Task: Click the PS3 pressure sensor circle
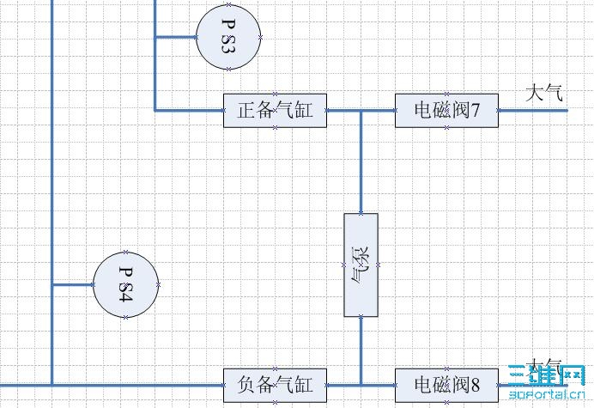228,36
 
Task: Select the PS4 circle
125,284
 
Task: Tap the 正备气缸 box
275,111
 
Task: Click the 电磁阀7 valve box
446,111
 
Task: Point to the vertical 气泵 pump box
361,265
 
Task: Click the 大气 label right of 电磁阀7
545,92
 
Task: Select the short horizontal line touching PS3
175,37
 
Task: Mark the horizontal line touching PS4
72,284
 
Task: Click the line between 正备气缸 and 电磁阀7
343,111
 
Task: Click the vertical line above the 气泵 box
361,163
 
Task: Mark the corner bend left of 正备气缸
155,111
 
